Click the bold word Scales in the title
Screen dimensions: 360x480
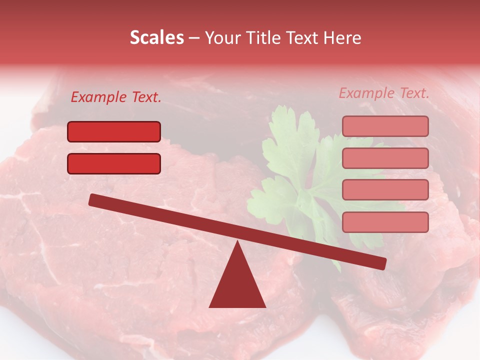[156, 38]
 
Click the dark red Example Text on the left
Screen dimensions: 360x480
[116, 97]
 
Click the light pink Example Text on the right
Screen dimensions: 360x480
[384, 93]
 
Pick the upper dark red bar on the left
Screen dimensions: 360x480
[114, 132]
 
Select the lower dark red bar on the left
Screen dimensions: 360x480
[114, 163]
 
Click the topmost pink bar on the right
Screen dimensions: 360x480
[385, 126]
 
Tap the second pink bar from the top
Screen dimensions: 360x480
[385, 158]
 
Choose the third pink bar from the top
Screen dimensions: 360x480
[385, 189]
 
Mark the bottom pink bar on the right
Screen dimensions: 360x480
[385, 222]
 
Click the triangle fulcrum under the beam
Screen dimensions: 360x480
[237, 285]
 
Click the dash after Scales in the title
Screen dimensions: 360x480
[194, 38]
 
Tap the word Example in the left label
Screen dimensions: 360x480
[99, 97]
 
